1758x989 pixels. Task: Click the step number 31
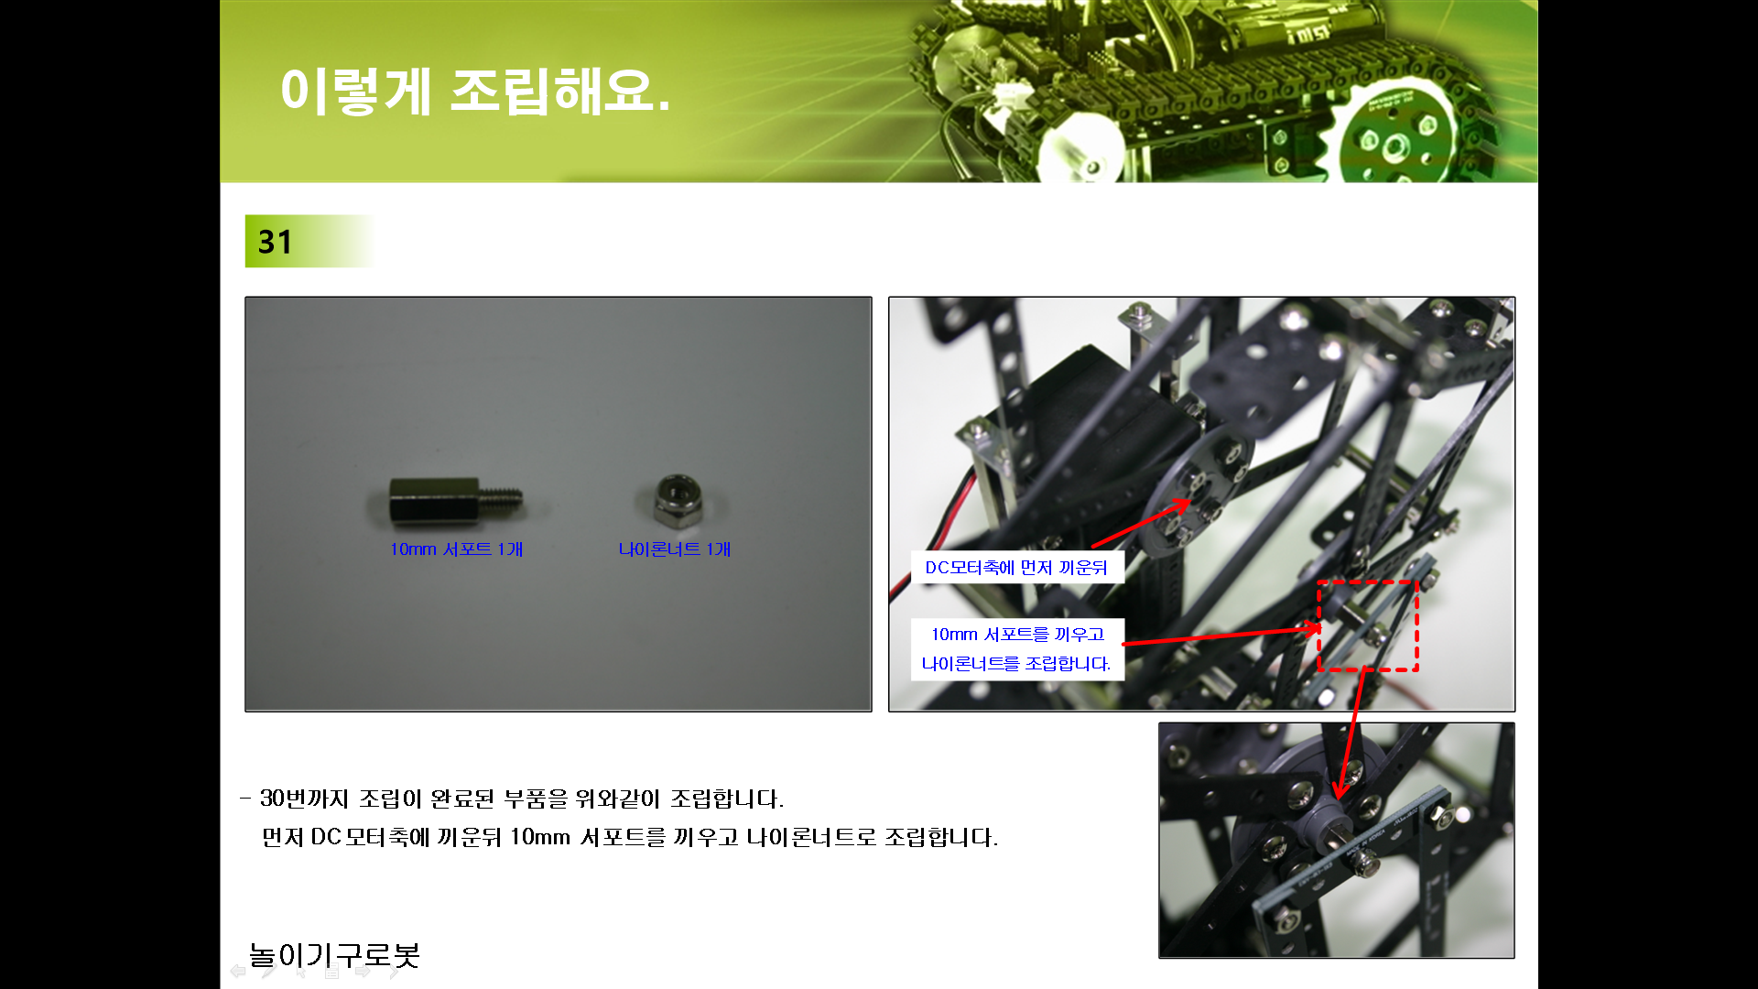[275, 242]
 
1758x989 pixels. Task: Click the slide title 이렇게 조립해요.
[475, 92]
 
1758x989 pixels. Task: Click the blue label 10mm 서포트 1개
[456, 549]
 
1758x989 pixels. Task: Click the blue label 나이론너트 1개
[675, 549]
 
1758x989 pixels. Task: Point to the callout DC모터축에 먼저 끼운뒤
[1016, 568]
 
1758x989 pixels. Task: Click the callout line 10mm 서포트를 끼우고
[1017, 634]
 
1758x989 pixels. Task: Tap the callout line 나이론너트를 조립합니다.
[1016, 664]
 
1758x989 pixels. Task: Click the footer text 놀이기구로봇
[334, 955]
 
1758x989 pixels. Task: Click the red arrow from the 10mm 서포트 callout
[1221, 636]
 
